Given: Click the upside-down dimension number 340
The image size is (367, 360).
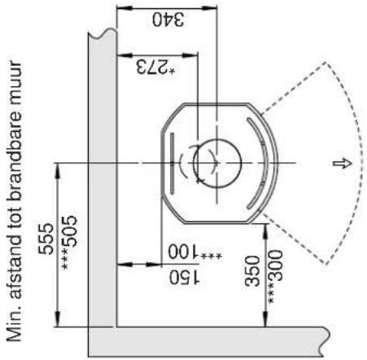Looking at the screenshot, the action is [168, 20].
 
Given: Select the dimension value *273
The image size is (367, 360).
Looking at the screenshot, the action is [155, 67].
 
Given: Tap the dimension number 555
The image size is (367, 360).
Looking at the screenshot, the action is [46, 239].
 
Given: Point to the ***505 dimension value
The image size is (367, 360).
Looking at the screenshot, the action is [69, 242].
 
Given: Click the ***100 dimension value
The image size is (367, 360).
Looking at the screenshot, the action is [194, 252].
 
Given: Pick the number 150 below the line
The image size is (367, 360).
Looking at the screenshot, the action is [185, 278].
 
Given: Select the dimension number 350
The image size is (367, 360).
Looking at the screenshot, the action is [252, 271].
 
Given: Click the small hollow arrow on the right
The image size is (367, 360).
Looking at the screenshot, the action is [343, 163].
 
